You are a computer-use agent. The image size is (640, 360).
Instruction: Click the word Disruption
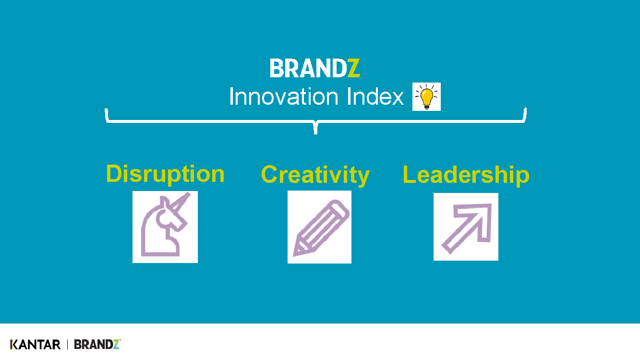pos(165,174)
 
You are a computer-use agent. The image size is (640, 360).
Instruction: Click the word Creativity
pos(315,175)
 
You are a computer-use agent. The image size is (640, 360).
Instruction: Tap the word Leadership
pos(466,175)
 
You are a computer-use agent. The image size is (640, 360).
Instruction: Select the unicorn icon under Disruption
pos(165,227)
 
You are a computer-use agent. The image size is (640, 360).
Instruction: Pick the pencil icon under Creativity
pos(319,227)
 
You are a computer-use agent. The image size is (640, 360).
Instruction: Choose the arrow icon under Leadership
pos(466,227)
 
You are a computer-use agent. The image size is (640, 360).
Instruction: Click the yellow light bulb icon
pos(426,96)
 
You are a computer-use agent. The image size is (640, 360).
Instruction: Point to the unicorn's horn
pos(181,202)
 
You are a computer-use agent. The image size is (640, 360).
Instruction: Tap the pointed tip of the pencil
pos(294,255)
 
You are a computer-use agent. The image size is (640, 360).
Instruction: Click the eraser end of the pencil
pos(341,208)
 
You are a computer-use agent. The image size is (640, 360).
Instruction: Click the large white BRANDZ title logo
pos(314,68)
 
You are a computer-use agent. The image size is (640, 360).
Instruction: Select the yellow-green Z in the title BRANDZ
pos(354,68)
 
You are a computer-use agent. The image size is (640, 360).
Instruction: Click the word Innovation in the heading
pos(284,96)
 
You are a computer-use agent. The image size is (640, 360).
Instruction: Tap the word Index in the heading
pos(375,96)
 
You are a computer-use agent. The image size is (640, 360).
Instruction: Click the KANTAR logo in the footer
pos(36,345)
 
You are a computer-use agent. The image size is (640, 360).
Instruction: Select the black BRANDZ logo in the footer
pos(97,345)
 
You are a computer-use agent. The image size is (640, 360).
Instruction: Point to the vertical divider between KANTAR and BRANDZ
pos(67,345)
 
